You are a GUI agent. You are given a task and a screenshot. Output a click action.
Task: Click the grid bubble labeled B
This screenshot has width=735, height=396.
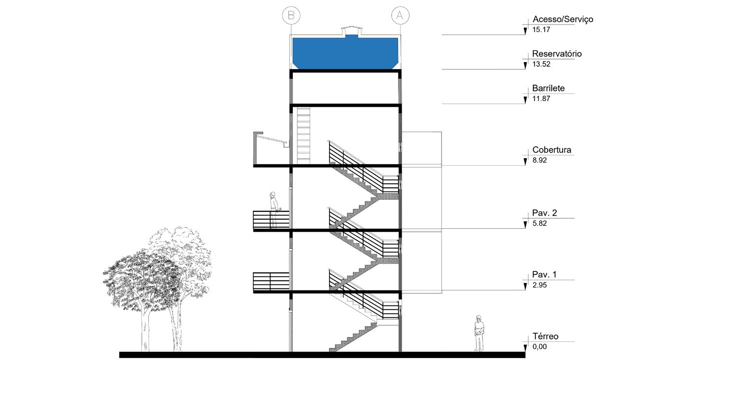(x=291, y=15)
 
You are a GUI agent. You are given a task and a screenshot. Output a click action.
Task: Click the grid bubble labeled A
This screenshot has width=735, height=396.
(x=400, y=15)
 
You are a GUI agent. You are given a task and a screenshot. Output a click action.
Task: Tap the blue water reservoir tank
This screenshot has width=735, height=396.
(x=345, y=53)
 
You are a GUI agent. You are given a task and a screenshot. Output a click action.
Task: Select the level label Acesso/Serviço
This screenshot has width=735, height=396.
(x=562, y=19)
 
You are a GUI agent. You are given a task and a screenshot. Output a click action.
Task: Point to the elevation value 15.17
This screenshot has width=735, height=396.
(x=541, y=30)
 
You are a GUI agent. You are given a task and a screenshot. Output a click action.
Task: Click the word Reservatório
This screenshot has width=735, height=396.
(x=557, y=54)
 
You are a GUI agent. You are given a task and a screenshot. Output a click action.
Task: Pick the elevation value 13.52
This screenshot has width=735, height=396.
(x=541, y=64)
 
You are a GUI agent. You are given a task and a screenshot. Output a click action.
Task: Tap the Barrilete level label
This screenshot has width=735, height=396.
(x=548, y=88)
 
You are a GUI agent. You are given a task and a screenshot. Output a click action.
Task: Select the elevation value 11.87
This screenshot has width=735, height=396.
(x=541, y=99)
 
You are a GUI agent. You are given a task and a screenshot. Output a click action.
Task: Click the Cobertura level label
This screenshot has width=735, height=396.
(x=551, y=150)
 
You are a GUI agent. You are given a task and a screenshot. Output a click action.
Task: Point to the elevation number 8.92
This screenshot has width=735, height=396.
(x=539, y=160)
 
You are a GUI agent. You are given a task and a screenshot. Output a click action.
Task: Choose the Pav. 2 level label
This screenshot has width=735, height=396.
(x=544, y=213)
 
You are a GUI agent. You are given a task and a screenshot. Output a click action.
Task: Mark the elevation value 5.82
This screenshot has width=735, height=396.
(x=539, y=223)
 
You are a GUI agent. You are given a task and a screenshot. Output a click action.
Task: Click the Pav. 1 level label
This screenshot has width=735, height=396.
(x=544, y=274)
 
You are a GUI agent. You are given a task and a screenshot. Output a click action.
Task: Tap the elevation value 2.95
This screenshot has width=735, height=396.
(x=539, y=285)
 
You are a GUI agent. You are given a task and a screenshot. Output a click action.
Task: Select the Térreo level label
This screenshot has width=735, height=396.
(x=545, y=336)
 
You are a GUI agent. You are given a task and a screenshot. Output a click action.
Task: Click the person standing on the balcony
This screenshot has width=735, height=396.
(x=274, y=209)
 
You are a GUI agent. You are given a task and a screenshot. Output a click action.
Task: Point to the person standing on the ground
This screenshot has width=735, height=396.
(x=479, y=333)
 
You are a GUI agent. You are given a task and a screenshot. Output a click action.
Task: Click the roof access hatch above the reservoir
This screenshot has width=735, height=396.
(x=350, y=31)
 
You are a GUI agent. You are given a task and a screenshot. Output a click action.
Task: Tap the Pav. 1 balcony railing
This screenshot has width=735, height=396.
(x=271, y=281)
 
